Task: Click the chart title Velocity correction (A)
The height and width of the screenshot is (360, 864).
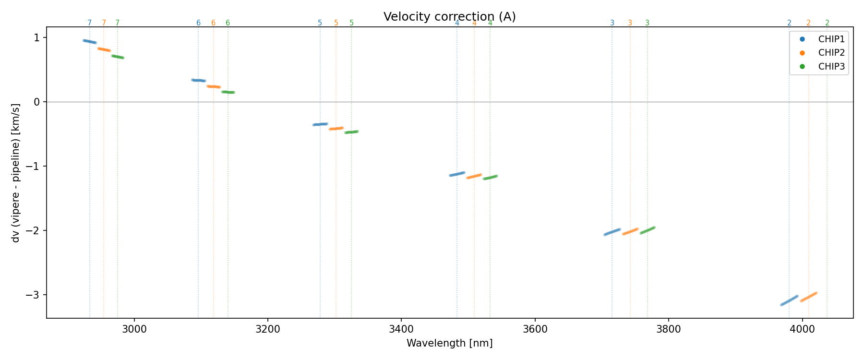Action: pyautogui.click(x=449, y=17)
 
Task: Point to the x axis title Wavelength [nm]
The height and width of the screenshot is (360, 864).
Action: pyautogui.click(x=449, y=343)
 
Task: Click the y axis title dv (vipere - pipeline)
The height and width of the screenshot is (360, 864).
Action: pyautogui.click(x=16, y=172)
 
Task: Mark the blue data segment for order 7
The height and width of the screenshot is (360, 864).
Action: pyautogui.click(x=90, y=42)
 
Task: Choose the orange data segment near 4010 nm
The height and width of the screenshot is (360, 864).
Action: pyautogui.click(x=809, y=297)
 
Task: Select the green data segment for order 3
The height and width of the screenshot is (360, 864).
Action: pyautogui.click(x=648, y=230)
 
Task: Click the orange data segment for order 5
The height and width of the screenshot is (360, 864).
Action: pyautogui.click(x=336, y=128)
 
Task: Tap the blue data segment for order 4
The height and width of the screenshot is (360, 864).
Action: pyautogui.click(x=457, y=174)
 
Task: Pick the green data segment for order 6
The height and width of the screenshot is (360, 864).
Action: pyautogui.click(x=228, y=92)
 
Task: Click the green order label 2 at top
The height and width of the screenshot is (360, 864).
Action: pyautogui.click(x=827, y=23)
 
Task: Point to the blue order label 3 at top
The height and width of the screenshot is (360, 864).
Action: pyautogui.click(x=612, y=23)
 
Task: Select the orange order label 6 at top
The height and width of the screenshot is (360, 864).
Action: pyautogui.click(x=214, y=23)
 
